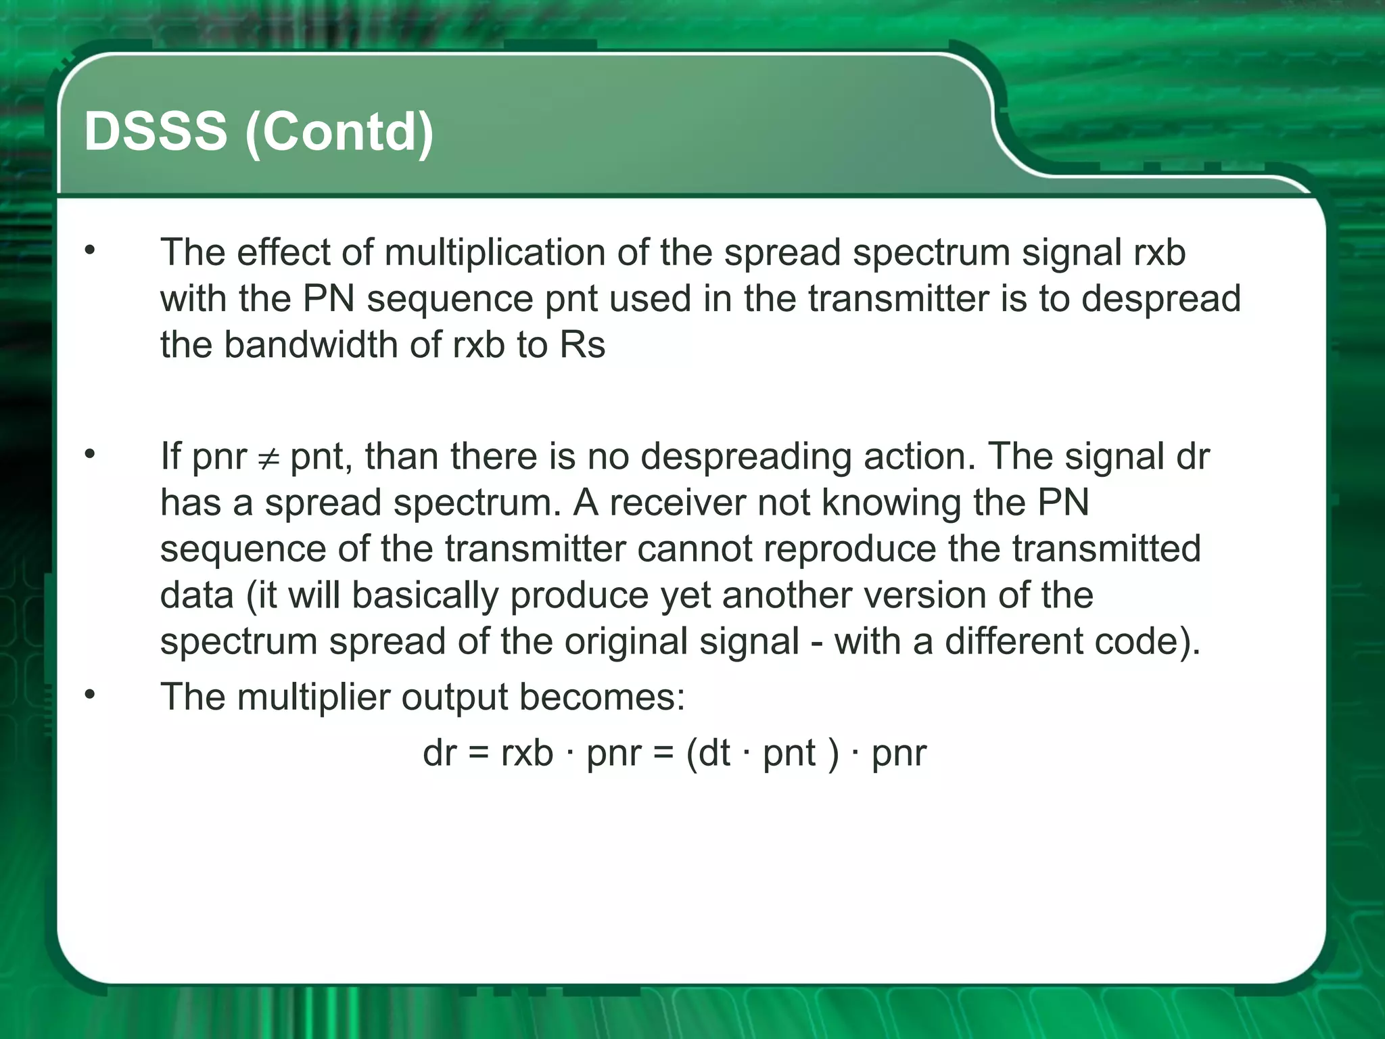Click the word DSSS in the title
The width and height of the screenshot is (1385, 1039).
coord(156,131)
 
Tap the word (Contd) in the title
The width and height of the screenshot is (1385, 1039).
coord(339,133)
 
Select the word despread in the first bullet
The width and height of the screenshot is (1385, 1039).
coord(1160,299)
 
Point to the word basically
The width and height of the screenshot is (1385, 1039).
coord(425,596)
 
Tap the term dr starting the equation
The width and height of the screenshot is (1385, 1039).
coord(440,753)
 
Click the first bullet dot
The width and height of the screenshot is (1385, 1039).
coord(90,251)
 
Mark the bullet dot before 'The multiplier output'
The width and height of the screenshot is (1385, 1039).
coord(90,695)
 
